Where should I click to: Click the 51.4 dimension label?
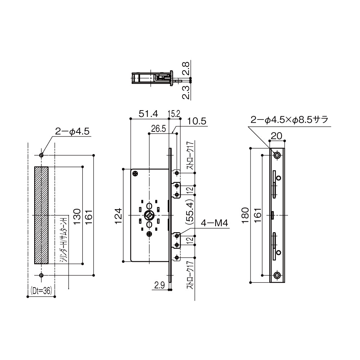[148, 114]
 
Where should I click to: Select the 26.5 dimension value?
[158, 129]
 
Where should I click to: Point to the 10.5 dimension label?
[196, 122]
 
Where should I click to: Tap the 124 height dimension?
[118, 215]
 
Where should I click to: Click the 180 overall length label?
[245, 215]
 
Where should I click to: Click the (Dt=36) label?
[41, 291]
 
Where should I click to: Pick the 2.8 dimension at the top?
[186, 68]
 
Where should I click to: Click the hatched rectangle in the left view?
[41, 215]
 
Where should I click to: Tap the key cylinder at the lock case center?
[149, 215]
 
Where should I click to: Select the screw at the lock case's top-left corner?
[135, 174]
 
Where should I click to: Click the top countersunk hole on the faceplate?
[277, 155]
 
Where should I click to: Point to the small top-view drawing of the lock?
[153, 78]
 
